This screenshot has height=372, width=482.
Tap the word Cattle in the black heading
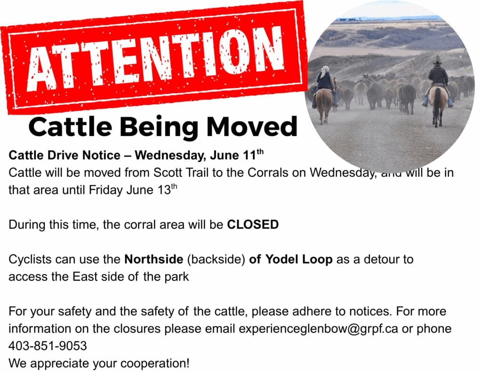tap(71, 127)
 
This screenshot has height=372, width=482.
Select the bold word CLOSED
tap(253, 224)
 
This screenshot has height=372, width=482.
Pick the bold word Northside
tap(154, 259)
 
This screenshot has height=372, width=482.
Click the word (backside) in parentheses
tap(216, 260)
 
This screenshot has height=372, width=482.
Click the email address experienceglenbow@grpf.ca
tap(318, 329)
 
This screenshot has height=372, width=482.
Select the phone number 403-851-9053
tap(48, 346)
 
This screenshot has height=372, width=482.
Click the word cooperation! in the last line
tap(154, 364)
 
